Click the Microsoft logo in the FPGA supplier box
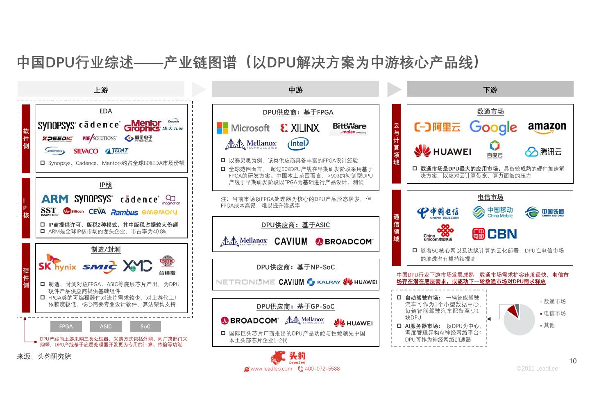click(243, 128)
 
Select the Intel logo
click(298, 143)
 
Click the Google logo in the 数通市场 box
click(493, 127)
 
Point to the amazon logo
click(547, 127)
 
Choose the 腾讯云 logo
click(543, 152)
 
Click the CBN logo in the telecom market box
click(495, 234)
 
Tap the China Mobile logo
click(492, 212)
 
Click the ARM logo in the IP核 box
click(54, 199)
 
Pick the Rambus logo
click(124, 212)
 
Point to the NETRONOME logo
click(245, 282)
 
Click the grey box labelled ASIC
click(106, 326)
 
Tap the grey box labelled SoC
click(145, 326)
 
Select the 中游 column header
click(295, 89)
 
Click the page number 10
click(573, 361)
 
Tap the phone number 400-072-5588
click(322, 369)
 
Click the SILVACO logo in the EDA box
click(86, 151)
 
